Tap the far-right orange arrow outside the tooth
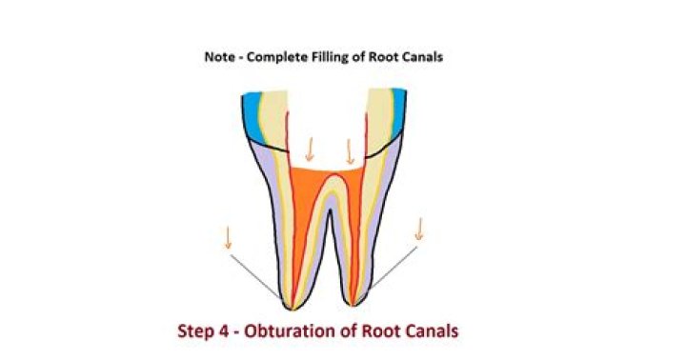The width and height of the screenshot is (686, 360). click(418, 230)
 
